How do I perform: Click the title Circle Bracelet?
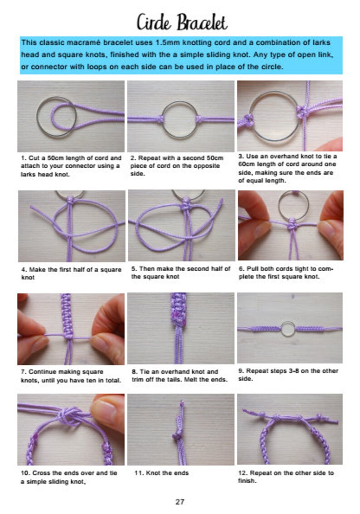(x=182, y=23)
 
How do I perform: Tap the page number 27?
(x=180, y=502)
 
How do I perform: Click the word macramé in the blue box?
(x=84, y=43)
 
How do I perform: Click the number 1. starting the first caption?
(x=24, y=158)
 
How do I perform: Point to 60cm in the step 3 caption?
(x=246, y=164)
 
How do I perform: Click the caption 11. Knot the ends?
(x=161, y=473)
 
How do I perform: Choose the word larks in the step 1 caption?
(x=28, y=174)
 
